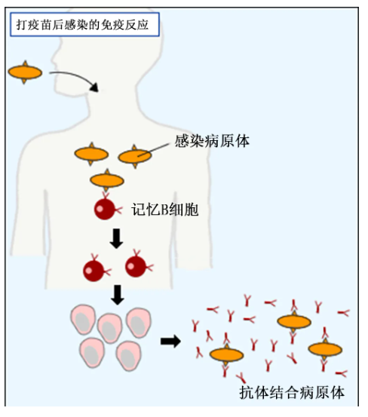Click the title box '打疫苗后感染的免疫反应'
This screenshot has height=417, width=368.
tap(84, 24)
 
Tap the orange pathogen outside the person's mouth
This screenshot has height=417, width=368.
tap(25, 72)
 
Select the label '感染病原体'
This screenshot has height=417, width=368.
tap(212, 141)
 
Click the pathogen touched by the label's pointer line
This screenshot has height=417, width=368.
tap(135, 156)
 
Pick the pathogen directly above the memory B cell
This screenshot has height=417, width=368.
tap(107, 180)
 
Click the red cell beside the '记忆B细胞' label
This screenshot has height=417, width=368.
tap(106, 208)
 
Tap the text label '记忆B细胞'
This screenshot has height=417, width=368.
tap(165, 210)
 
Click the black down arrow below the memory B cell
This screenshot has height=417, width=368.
tap(116, 238)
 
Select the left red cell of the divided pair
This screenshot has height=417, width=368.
tap(95, 269)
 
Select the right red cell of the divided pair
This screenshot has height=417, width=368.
tap(137, 265)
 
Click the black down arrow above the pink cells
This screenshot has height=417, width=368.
tap(117, 295)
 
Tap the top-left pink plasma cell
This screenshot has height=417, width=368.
tap(83, 319)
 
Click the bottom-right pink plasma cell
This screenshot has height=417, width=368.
tap(129, 356)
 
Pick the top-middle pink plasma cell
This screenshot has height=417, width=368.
tap(110, 328)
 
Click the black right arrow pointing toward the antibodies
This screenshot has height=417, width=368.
tap(170, 341)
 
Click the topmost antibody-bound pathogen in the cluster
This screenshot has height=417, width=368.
tap(294, 322)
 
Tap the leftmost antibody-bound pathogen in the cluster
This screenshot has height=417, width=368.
tap(226, 354)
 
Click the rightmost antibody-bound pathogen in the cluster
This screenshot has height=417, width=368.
tap(325, 349)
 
